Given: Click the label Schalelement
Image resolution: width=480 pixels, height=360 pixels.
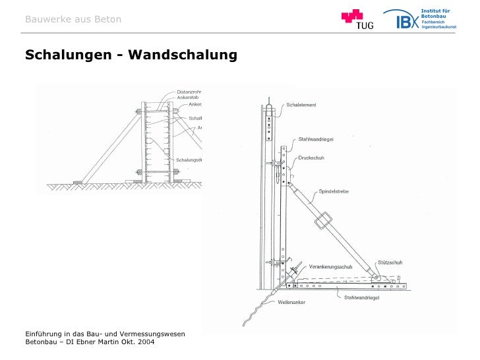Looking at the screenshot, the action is pyautogui.click(x=301, y=105).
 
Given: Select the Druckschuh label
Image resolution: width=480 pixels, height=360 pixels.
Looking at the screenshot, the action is pyautogui.click(x=311, y=158).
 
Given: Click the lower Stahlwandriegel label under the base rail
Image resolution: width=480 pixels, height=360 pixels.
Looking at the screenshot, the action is pyautogui.click(x=360, y=298).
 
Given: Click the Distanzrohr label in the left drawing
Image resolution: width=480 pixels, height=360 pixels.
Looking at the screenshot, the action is pyautogui.click(x=189, y=92).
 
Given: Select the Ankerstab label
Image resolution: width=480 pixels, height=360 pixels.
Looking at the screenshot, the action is pyautogui.click(x=187, y=98).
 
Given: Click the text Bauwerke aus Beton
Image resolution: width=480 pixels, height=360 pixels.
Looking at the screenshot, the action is pyautogui.click(x=73, y=19).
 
